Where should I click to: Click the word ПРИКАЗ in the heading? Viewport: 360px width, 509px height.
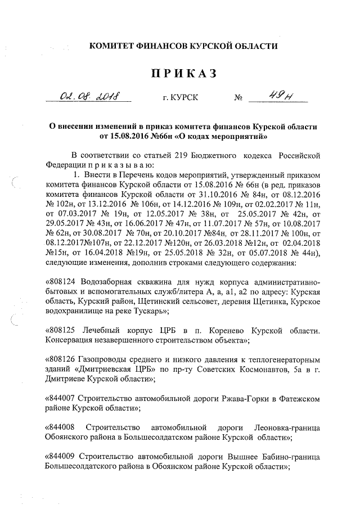pos(180,74)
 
